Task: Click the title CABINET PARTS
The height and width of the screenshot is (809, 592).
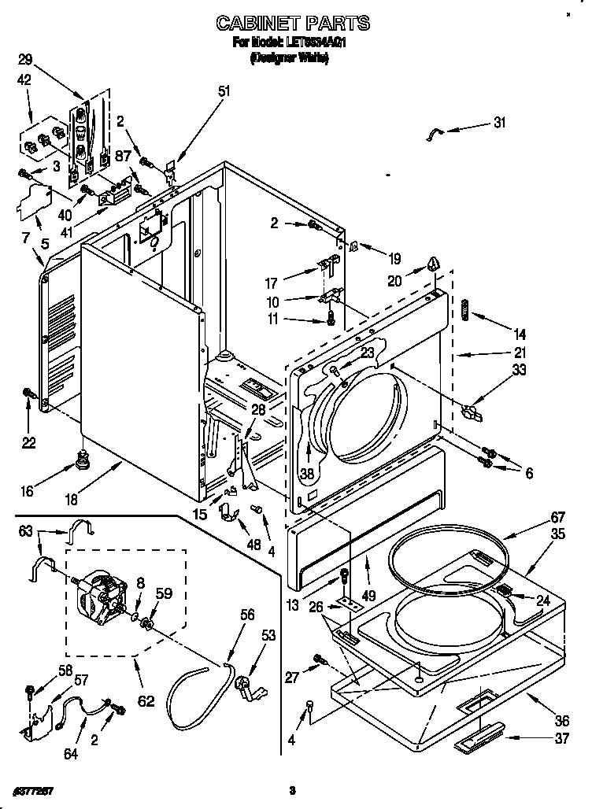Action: point(293,24)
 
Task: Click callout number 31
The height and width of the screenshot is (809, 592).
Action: point(500,122)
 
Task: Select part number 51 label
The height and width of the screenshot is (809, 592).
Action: point(224,91)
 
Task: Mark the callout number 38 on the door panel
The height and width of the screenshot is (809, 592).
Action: point(306,474)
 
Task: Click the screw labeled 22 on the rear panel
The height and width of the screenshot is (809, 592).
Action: point(28,392)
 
